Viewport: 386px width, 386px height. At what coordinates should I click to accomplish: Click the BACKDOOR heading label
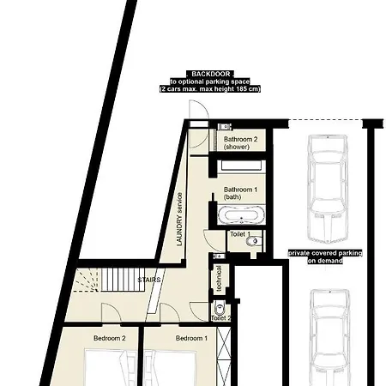pyautogui.click(x=211, y=74)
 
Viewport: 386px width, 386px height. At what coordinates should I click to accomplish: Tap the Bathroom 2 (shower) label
pyautogui.click(x=240, y=143)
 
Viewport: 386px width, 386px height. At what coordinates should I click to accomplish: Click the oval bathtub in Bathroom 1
pyautogui.click(x=241, y=214)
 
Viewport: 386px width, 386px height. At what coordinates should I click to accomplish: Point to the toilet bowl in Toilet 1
pyautogui.click(x=253, y=241)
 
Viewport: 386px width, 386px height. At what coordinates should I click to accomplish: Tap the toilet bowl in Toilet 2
pyautogui.click(x=220, y=308)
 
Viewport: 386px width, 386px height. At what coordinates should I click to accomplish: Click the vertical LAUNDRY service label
pyautogui.click(x=179, y=220)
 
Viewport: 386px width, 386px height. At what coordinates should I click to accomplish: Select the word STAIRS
pyautogui.click(x=149, y=280)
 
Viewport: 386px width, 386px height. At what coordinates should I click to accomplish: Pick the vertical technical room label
pyautogui.click(x=219, y=279)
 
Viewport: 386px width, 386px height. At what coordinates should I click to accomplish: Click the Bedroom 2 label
pyautogui.click(x=110, y=338)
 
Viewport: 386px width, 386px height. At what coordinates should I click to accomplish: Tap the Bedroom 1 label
pyautogui.click(x=191, y=338)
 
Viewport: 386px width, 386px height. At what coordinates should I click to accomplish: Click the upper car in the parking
pyautogui.click(x=328, y=189)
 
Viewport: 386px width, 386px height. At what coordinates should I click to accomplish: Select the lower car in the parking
pyautogui.click(x=331, y=337)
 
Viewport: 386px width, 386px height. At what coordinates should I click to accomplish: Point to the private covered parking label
pyautogui.click(x=325, y=256)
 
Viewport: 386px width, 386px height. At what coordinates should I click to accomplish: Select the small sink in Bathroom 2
pyautogui.click(x=224, y=126)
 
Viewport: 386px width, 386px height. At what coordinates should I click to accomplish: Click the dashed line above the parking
pyautogui.click(x=325, y=119)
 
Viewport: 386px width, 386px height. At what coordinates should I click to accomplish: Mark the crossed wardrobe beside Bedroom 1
pyautogui.click(x=224, y=356)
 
